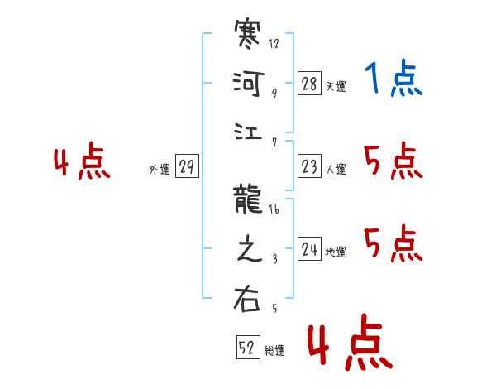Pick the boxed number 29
[x=187, y=167]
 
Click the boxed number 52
[x=247, y=348]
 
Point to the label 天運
[x=336, y=86]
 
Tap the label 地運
[x=336, y=252]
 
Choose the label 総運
[x=274, y=351]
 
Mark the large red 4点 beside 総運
[x=348, y=346]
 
